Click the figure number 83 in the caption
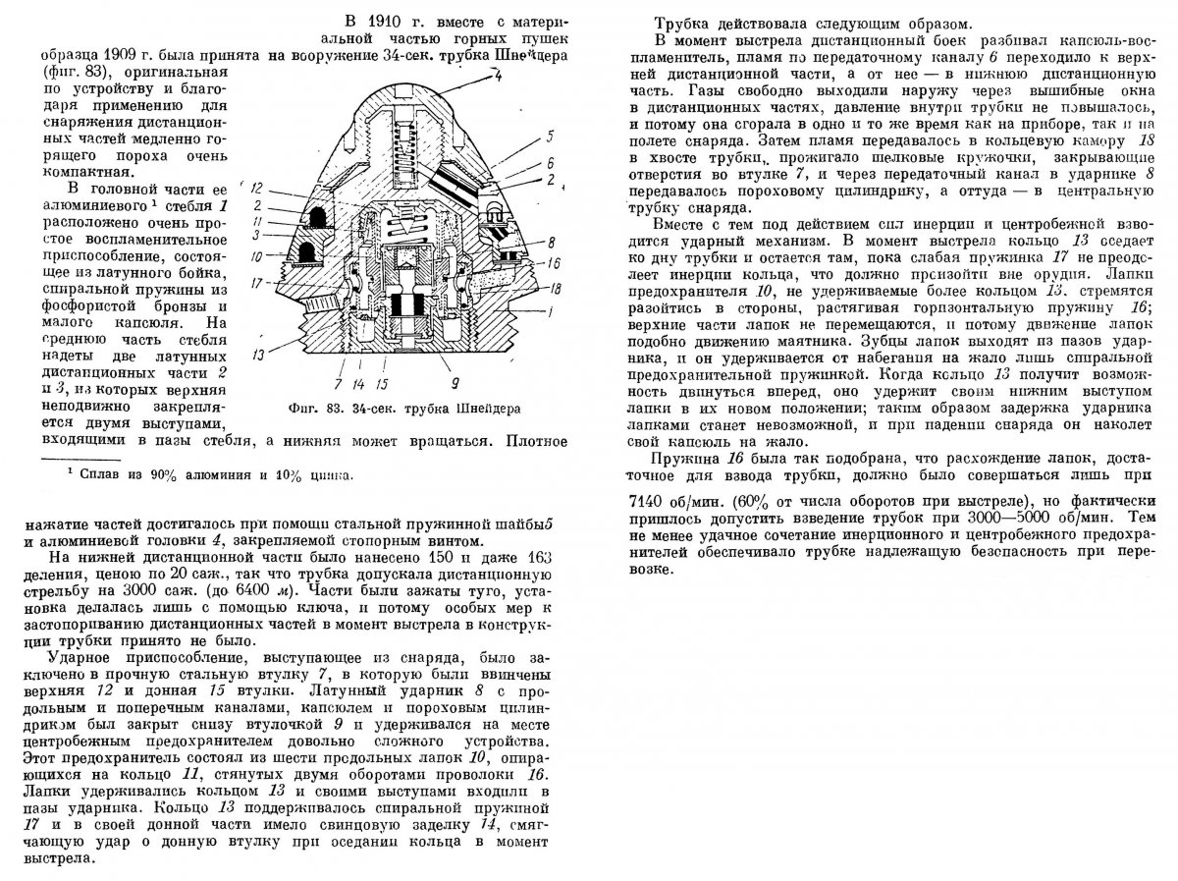click(x=368, y=405)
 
